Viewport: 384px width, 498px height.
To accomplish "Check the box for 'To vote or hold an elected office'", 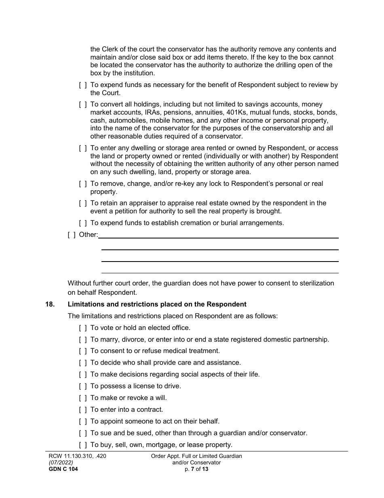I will pyautogui.click(x=83, y=328).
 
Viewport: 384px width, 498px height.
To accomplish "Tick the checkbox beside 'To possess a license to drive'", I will pyautogui.click(x=83, y=386).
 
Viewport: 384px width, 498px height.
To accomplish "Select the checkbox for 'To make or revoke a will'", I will pyautogui.click(x=83, y=398).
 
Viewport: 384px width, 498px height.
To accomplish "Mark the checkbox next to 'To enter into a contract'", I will pyautogui.click(x=83, y=409).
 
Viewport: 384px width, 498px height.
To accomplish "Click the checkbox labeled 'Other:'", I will pyautogui.click(x=72, y=234).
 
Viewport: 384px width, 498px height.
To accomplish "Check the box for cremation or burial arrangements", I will pyautogui.click(x=83, y=223).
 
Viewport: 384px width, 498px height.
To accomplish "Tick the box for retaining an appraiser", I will pyautogui.click(x=83, y=203).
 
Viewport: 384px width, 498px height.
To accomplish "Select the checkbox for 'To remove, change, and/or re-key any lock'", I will pyautogui.click(x=83, y=183).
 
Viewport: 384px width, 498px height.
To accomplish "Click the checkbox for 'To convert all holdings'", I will pyautogui.click(x=83, y=104).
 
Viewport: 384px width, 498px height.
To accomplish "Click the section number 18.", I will pyautogui.click(x=50, y=304).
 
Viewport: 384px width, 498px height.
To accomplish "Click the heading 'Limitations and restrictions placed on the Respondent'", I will pyautogui.click(x=157, y=304).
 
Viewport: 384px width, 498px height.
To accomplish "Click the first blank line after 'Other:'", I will pyautogui.click(x=218, y=237).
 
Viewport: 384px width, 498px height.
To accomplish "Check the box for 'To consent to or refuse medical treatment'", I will pyautogui.click(x=83, y=351).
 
